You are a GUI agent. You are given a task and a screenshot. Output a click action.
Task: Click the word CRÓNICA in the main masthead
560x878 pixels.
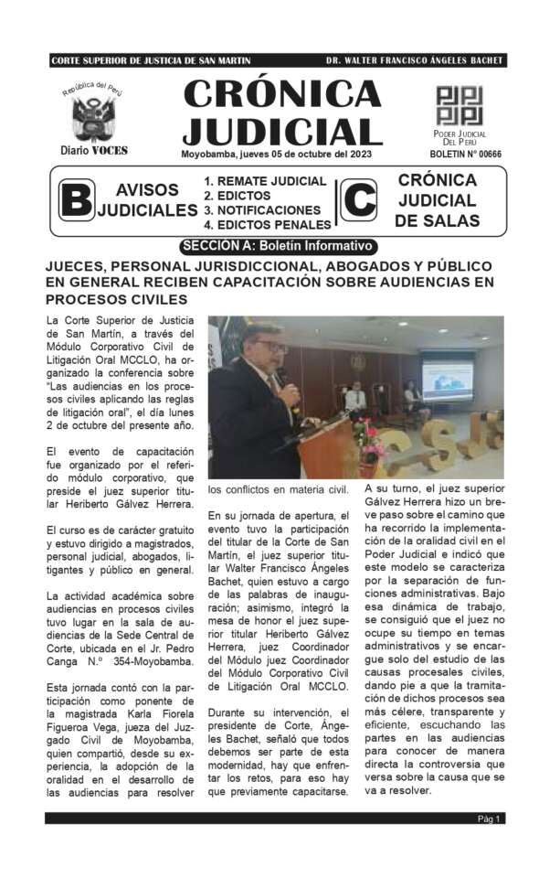pos(282,92)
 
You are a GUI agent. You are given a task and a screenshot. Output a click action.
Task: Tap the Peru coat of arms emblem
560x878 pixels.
pos(94,117)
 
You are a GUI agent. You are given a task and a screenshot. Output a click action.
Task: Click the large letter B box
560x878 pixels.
pos(75,200)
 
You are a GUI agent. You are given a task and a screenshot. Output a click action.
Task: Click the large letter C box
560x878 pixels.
pos(358,200)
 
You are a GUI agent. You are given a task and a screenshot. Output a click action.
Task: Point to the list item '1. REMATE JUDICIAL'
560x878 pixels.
pos(265,181)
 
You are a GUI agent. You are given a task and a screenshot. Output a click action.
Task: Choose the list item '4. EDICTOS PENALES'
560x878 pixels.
pos(267,224)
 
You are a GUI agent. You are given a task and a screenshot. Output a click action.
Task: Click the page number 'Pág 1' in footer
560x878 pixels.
pos(490,819)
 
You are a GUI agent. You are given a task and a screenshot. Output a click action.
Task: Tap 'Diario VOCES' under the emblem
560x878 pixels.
pos(94,150)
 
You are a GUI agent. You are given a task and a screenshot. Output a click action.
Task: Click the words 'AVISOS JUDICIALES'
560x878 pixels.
pos(147,200)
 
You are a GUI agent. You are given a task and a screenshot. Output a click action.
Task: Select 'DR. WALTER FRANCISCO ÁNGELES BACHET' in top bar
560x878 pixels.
pos(414,61)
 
